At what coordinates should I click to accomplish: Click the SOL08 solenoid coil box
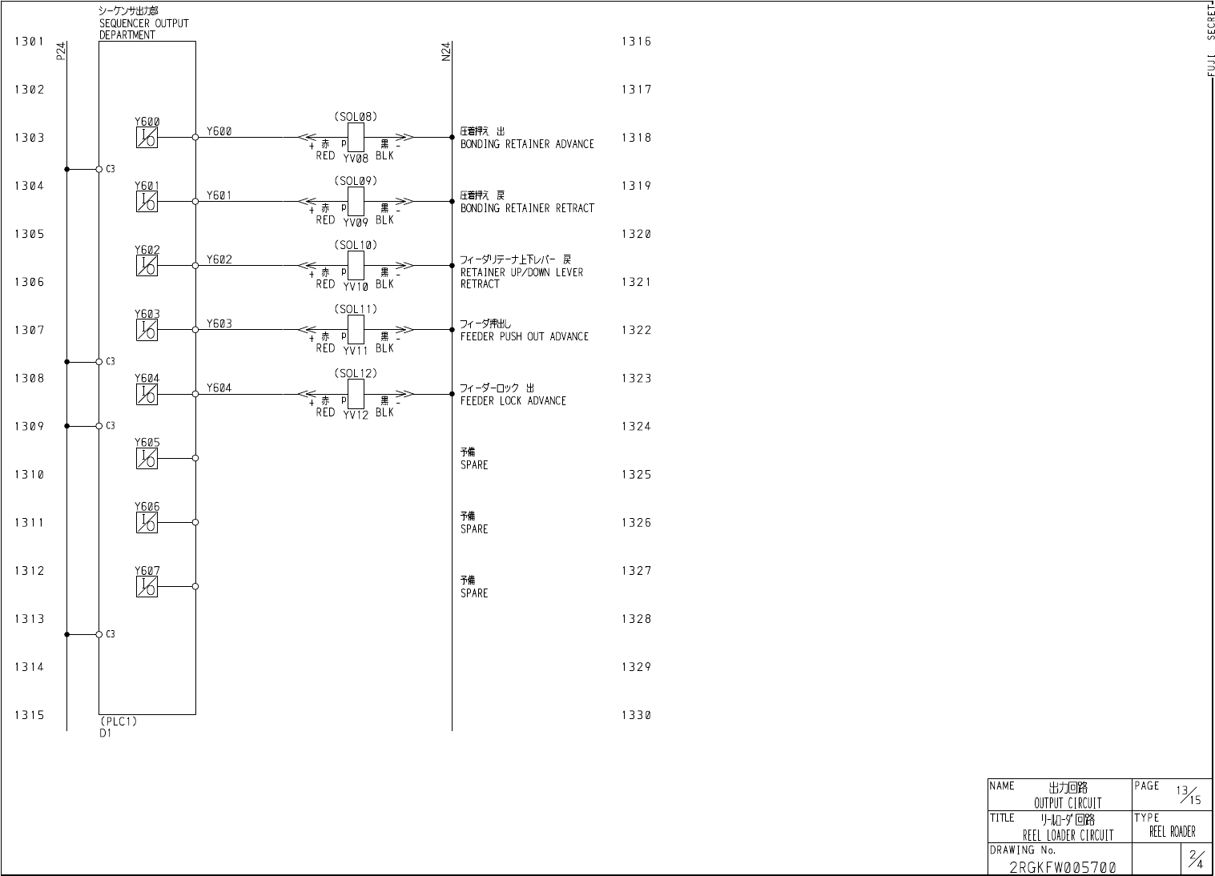[x=356, y=137]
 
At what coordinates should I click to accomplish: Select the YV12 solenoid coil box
[x=356, y=394]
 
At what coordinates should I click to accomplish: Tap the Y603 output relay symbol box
[x=147, y=330]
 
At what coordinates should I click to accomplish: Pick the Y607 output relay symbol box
[x=147, y=587]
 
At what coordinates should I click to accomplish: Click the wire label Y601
[x=219, y=195]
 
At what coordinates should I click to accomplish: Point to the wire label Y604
[x=219, y=388]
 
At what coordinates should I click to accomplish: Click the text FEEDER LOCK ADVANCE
[x=513, y=401]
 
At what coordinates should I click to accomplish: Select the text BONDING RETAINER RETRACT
[x=527, y=208]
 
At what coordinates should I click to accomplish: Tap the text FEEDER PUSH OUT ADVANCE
[x=524, y=337]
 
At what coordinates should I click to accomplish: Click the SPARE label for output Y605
[x=473, y=465]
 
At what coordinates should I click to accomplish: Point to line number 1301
[x=29, y=42]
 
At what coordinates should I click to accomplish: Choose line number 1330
[x=636, y=715]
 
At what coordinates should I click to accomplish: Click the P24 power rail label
[x=62, y=51]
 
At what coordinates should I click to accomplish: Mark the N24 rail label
[x=446, y=51]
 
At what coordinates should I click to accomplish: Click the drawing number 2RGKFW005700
[x=1062, y=867]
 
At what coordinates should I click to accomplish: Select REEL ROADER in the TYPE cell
[x=1172, y=832]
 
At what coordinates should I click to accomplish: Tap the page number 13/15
[x=1189, y=794]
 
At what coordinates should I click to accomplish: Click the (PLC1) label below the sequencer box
[x=119, y=721]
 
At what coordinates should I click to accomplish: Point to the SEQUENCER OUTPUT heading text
[x=143, y=24]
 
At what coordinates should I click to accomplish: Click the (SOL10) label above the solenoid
[x=355, y=245]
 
